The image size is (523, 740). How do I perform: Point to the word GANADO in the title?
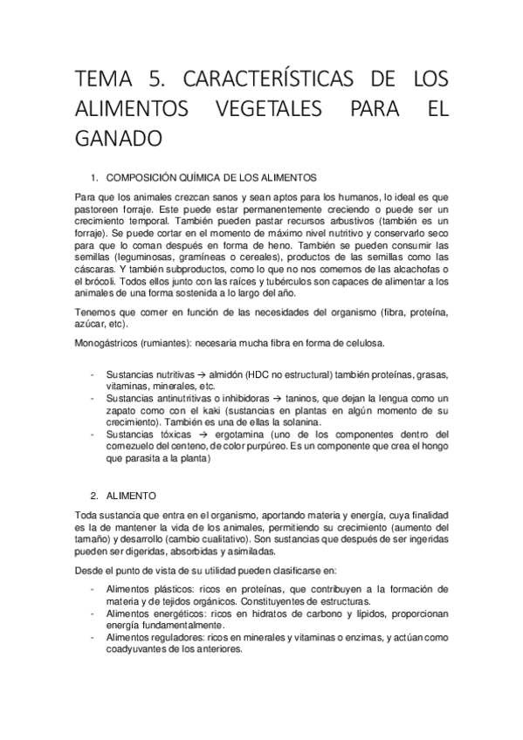click(x=118, y=138)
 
